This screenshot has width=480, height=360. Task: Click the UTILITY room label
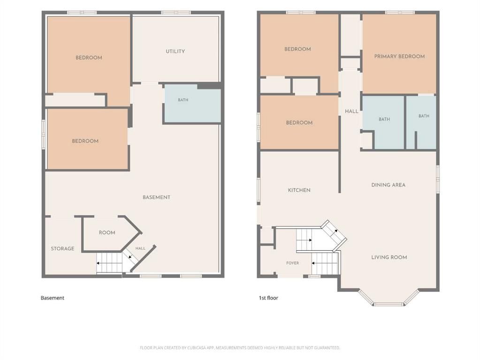[175, 52]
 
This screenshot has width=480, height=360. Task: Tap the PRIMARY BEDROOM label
[399, 56]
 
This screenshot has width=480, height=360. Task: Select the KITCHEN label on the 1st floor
[299, 190]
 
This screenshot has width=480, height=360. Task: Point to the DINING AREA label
[388, 185]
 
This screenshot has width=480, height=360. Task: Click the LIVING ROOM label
[389, 257]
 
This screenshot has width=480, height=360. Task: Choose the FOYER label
[292, 263]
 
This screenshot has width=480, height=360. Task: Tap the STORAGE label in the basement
[62, 248]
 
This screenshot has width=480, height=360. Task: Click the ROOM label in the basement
[107, 233]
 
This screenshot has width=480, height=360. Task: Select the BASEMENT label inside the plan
[156, 197]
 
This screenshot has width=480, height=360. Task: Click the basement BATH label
[183, 100]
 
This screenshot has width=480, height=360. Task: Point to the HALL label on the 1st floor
[351, 112]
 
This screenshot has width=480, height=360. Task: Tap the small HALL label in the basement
[140, 248]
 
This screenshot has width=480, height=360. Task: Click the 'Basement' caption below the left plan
[53, 298]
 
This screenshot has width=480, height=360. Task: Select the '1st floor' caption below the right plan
[268, 298]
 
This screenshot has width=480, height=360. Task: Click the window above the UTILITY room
[175, 13]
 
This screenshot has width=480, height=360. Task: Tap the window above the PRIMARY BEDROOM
[400, 13]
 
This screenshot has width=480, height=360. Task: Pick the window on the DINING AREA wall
[438, 179]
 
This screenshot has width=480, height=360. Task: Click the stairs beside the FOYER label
[325, 263]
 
